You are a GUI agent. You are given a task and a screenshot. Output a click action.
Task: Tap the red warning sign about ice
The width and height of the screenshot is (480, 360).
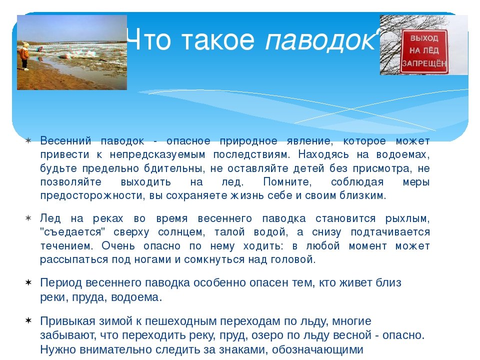[424, 51]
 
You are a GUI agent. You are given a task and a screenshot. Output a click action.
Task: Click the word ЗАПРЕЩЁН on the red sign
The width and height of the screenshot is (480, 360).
[424, 63]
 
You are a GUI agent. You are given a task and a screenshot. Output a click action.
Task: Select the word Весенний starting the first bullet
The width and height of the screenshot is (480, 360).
[66, 141]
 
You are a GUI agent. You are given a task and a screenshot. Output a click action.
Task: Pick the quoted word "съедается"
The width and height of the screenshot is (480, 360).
[72, 231]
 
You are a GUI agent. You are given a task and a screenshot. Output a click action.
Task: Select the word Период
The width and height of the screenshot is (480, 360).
[61, 282]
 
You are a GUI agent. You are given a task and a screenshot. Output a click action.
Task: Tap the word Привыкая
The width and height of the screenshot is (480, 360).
[67, 321]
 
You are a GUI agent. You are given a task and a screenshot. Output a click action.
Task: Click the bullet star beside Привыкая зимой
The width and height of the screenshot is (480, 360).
[28, 320]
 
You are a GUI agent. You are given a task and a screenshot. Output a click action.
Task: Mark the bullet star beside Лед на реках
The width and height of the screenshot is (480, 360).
[28, 218]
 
